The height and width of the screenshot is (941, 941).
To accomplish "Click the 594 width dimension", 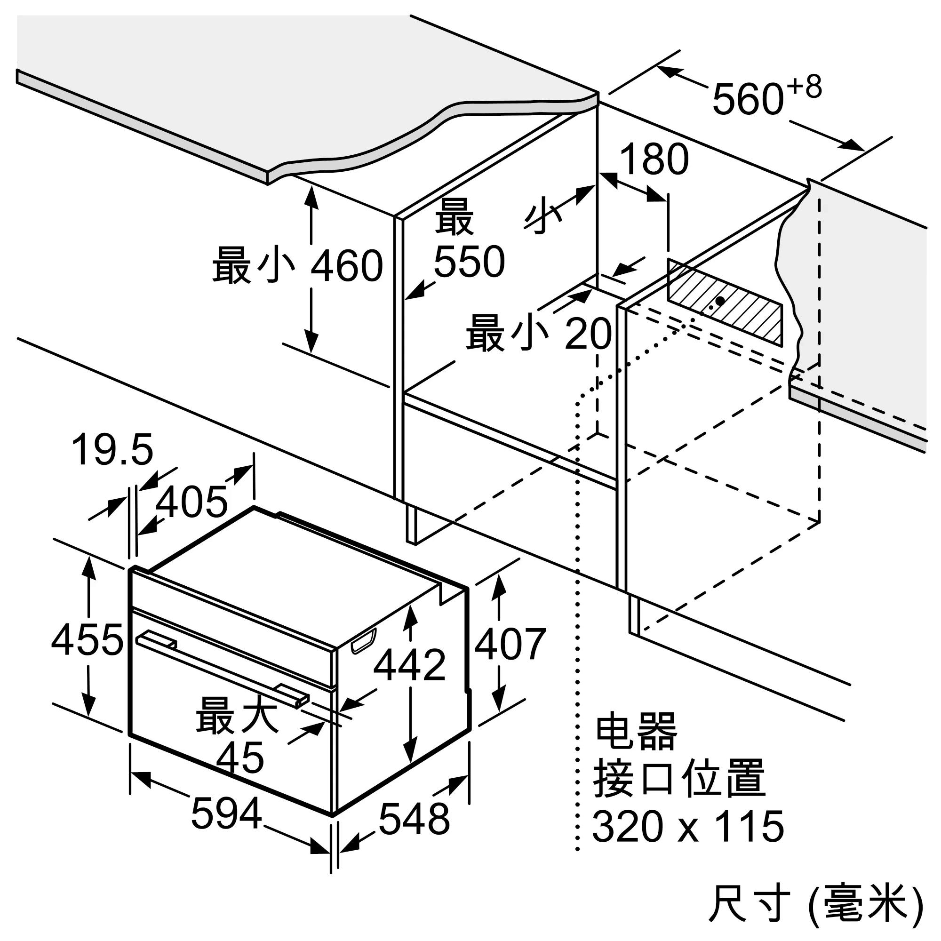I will pos(226,814).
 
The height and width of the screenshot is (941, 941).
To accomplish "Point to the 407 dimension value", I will pos(510,644).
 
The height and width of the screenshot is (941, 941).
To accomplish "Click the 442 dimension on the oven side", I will pos(410,664).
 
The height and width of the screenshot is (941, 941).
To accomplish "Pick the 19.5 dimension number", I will pos(112,449).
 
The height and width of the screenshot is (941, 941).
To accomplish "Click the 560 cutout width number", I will pos(748,99).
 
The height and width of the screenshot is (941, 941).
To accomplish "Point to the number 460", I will pos(347,266).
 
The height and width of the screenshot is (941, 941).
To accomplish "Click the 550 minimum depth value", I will pos(469,262).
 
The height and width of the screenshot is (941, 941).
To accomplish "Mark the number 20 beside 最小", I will pos(588,334).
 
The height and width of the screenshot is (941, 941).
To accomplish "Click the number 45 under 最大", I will pos(240,758).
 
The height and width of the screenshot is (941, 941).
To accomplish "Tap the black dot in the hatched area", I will pos(720,301).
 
